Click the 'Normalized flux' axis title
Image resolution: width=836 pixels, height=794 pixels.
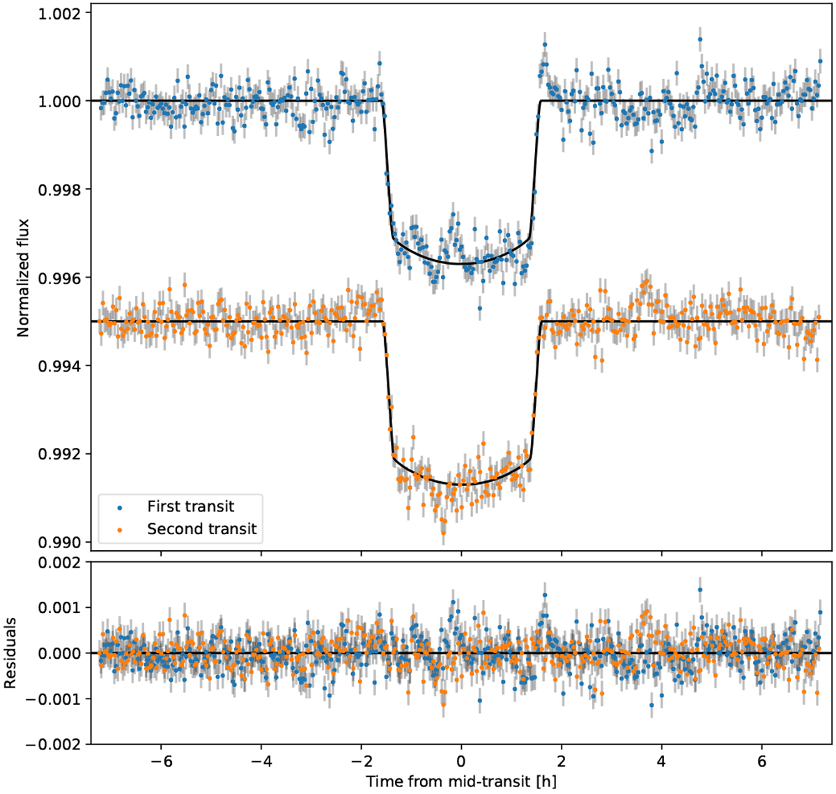coord(24,277)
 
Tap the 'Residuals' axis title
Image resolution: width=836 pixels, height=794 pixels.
coord(10,653)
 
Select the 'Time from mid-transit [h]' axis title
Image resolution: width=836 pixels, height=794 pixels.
coord(460,781)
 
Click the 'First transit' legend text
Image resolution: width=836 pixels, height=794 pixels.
coord(190,506)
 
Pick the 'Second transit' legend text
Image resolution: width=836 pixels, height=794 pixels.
coord(202,529)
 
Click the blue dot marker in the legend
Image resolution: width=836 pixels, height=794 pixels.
coord(120,507)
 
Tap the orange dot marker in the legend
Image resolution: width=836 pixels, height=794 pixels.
coord(120,530)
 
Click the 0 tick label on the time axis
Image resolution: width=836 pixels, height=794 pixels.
coord(460,759)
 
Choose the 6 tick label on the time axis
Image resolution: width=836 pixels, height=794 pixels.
coord(761,759)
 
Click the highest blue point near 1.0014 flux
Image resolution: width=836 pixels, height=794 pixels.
coord(699,40)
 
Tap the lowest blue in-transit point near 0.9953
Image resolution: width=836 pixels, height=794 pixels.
coord(479,308)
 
